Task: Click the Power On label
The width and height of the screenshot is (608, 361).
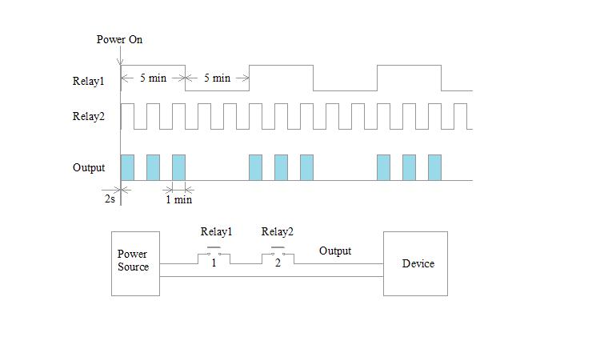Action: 119,39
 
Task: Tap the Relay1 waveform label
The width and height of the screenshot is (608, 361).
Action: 89,81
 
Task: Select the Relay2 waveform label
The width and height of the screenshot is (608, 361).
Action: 89,116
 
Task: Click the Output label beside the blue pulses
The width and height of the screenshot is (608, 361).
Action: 89,167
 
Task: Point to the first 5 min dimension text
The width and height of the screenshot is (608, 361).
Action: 153,78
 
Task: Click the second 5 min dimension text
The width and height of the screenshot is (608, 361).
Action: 217,78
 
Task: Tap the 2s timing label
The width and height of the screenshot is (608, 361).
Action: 110,199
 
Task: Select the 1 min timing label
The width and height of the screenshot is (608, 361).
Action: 178,199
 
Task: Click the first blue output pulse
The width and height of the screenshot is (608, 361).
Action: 127,167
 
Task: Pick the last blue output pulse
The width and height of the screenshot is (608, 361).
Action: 434,167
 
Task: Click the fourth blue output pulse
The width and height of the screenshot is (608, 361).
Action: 255,167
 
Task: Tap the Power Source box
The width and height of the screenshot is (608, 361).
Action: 135,263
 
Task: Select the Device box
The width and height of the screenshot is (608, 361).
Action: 415,263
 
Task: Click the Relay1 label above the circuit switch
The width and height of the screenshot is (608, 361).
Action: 216,232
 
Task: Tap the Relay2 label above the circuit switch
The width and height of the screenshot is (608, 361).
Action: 278,232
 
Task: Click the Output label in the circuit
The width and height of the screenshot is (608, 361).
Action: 335,251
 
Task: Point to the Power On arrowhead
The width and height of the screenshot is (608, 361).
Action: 120,62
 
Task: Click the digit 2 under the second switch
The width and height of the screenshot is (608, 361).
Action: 278,263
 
